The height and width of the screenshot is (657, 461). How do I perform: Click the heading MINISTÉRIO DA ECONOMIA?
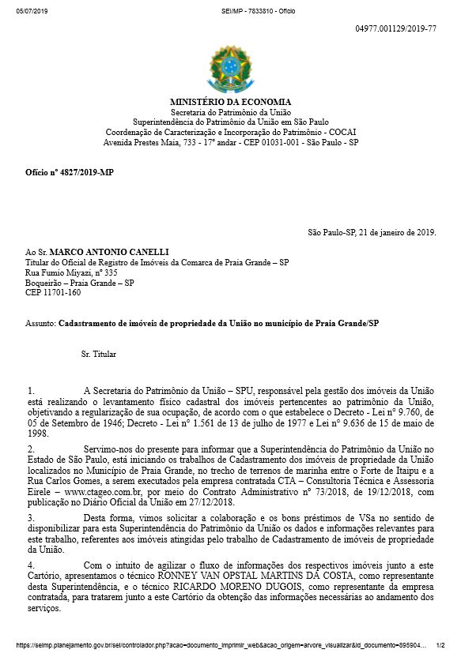230,102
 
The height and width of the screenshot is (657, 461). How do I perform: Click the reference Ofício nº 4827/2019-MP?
70,171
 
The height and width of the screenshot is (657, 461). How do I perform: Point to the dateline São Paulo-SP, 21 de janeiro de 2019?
372,233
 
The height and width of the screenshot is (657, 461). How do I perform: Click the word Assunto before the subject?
40,324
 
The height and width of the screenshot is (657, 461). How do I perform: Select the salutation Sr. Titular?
99,354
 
